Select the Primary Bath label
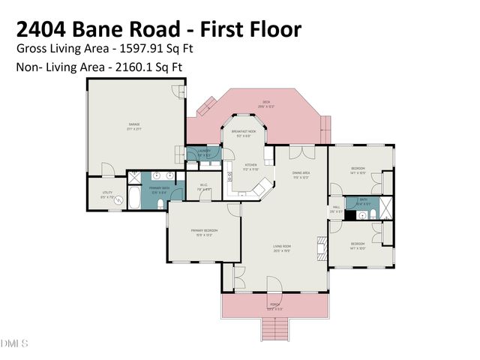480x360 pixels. click(158, 188)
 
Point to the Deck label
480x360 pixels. click(266, 103)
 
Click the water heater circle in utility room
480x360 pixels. click(118, 200)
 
